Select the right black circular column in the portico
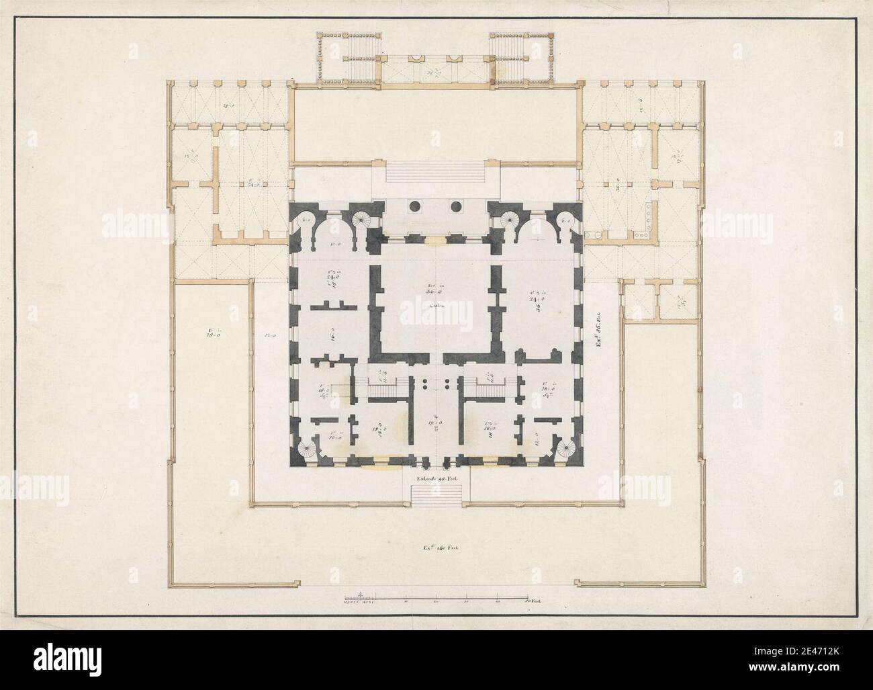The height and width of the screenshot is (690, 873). point(457,206)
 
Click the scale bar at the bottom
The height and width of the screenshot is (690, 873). point(436,596)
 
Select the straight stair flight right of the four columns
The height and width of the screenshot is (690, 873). point(486,388)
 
